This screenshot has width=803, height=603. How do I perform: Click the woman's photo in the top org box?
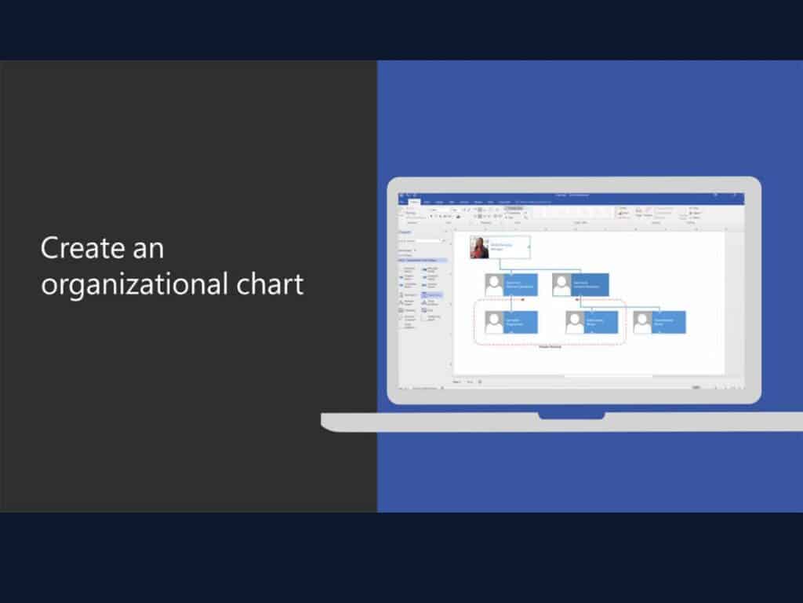coord(479,247)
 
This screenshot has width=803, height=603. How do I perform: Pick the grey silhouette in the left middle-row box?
coord(494,285)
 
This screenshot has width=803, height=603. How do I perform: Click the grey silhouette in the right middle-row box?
coord(561,285)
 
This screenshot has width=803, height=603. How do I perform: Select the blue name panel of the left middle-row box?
coord(521,285)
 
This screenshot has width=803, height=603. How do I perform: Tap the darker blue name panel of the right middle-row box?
coord(590,285)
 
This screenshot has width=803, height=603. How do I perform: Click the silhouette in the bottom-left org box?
coord(494,323)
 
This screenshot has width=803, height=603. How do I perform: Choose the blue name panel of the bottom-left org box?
coord(521,323)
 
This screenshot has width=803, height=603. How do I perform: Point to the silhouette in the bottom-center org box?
coord(575,323)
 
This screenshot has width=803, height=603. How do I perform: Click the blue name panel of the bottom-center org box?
coord(601,323)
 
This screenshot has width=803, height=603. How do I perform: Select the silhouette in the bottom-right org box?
coord(642,323)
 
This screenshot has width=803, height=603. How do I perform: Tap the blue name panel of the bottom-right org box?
coord(669,323)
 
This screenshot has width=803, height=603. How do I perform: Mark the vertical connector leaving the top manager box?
coord(500,264)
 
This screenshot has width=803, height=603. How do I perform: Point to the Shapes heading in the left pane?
coord(405,232)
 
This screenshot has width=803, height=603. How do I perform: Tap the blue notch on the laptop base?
coord(571,414)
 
